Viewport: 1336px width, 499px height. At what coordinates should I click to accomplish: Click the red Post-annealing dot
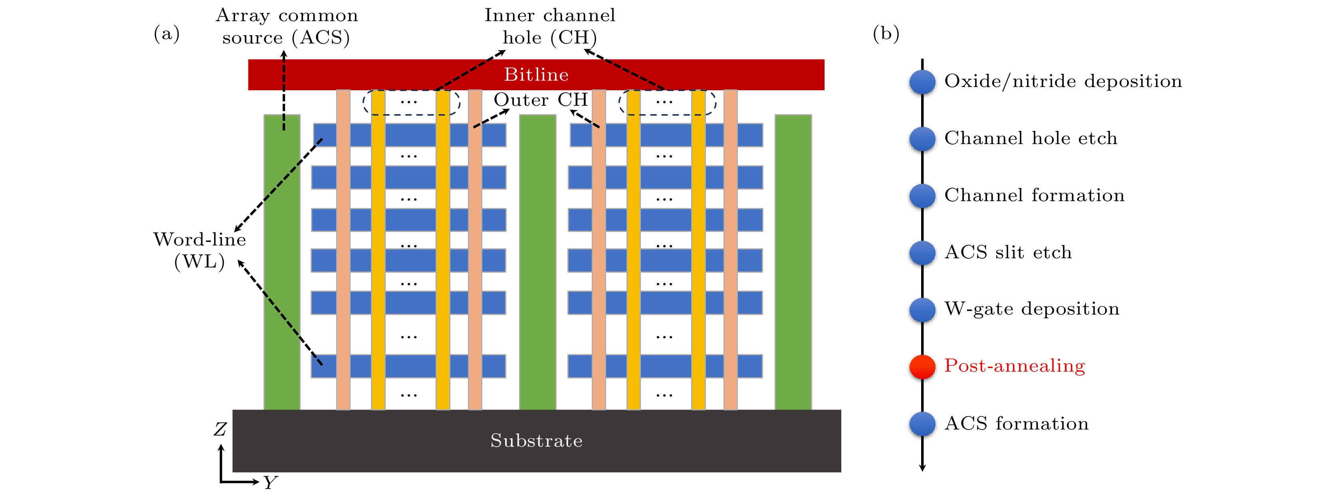pos(922,367)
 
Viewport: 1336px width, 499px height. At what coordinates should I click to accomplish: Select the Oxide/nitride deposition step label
pos(1063,81)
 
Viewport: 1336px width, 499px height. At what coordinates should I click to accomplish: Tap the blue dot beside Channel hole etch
pos(922,139)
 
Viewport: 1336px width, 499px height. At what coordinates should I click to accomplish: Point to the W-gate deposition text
pos(1032,309)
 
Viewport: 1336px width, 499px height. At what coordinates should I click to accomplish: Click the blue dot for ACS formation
pos(922,424)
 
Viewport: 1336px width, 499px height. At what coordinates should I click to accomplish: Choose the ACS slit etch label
pos(1008,253)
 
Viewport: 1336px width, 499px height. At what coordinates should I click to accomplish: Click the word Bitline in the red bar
pos(536,75)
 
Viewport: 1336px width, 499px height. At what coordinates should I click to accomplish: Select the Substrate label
pos(536,441)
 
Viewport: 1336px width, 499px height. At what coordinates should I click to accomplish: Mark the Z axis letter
pos(220,430)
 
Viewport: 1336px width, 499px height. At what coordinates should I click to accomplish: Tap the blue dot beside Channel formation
pos(922,196)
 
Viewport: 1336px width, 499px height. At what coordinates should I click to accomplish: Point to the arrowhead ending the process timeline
pos(922,468)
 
